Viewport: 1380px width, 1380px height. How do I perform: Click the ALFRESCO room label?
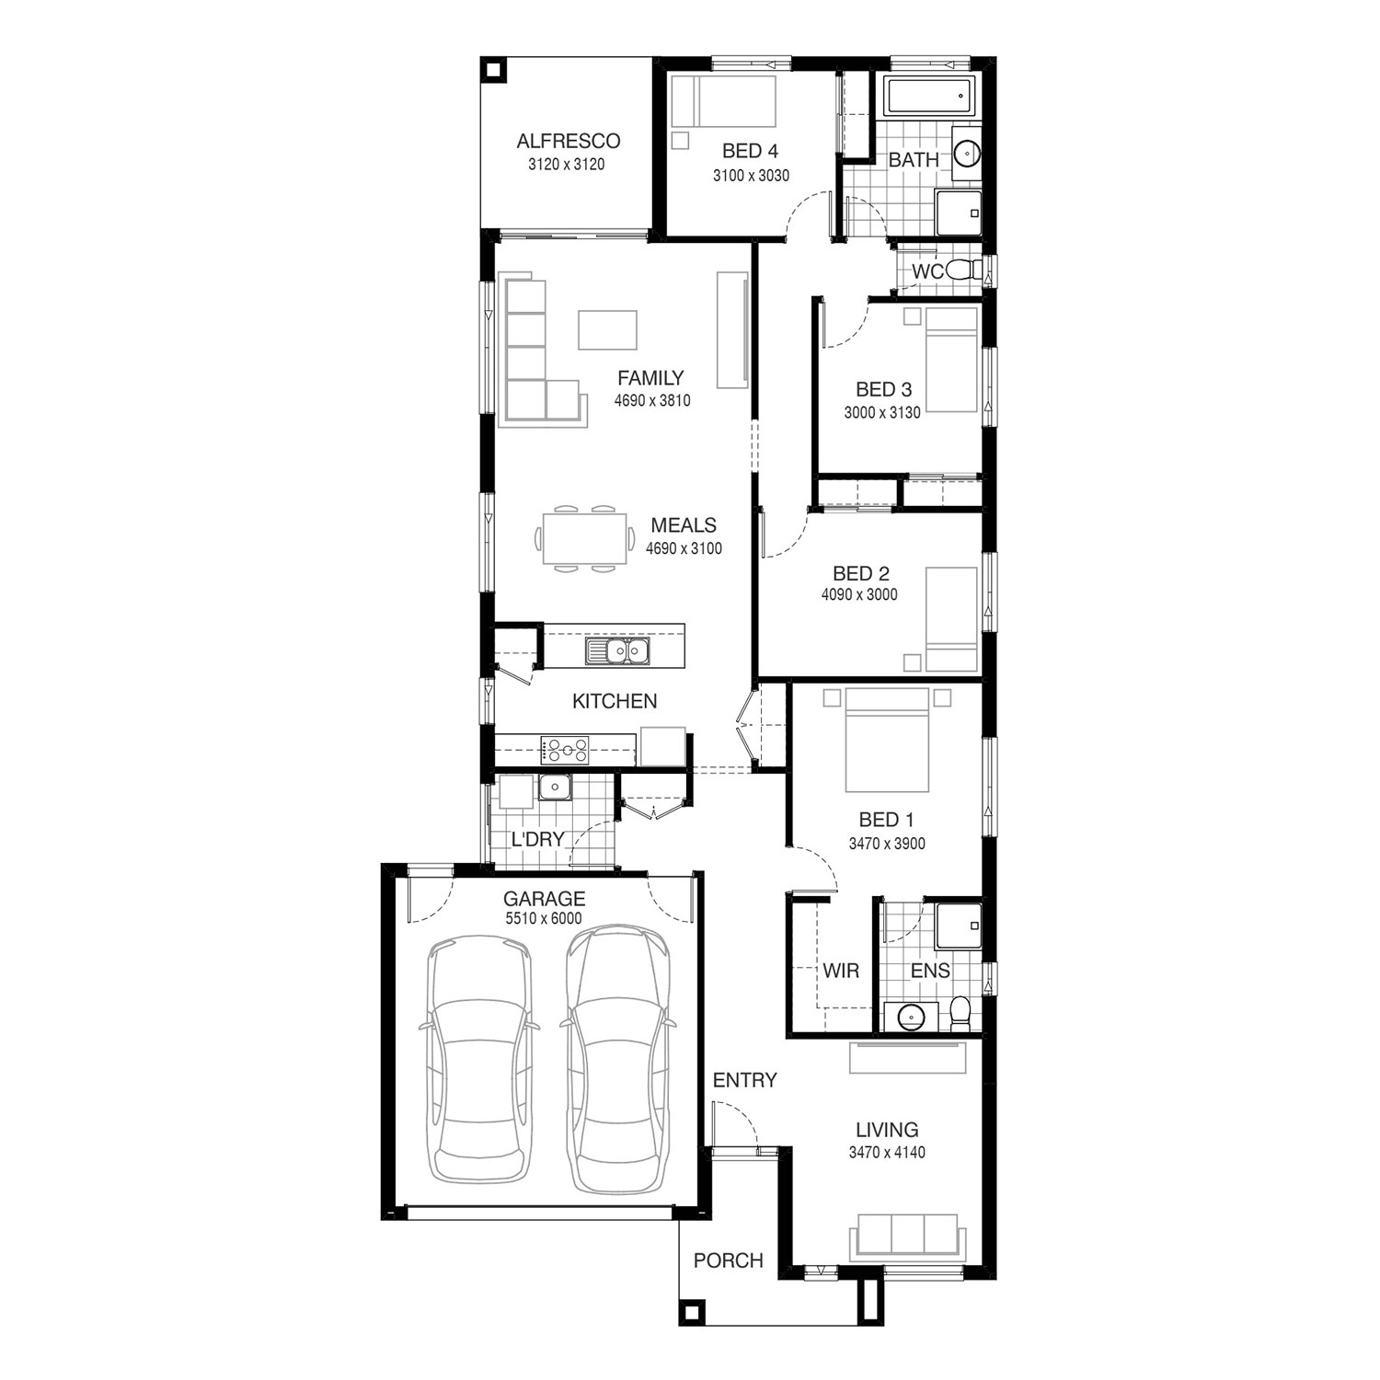coord(568,141)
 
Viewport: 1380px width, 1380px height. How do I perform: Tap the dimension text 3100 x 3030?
coord(751,175)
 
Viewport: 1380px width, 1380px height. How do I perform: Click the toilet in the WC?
coord(963,271)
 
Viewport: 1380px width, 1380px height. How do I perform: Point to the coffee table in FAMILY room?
coord(607,329)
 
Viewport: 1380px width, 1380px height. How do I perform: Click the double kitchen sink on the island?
coord(617,651)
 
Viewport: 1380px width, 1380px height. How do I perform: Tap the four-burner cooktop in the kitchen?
coord(565,750)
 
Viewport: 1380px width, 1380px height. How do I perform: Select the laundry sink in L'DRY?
coord(555,788)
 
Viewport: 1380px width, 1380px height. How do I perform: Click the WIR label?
coord(841,971)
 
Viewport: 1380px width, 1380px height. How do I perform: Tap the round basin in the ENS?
coord(911,1016)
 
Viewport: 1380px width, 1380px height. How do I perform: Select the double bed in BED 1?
coord(887,740)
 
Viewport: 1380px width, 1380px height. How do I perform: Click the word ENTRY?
coord(745,1080)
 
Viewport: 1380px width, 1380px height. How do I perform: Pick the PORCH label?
coord(729,1260)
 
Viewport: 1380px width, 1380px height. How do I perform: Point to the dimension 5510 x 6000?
coord(544,918)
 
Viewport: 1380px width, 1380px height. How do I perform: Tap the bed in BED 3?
coord(951,360)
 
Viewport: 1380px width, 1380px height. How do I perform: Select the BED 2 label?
coord(861,574)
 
